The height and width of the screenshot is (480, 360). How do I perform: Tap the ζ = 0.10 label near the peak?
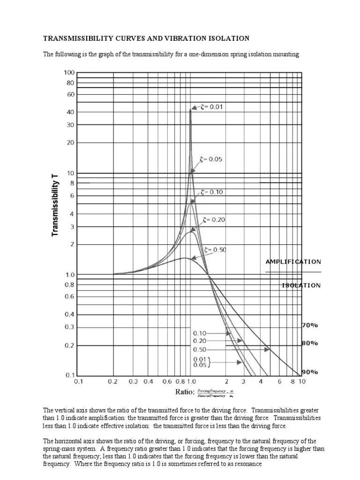(x=212, y=192)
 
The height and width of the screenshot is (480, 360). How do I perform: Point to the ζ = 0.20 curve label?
(x=214, y=219)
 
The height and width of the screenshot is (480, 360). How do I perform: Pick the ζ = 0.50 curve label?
(x=215, y=250)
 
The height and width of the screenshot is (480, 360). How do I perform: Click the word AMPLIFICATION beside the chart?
(x=293, y=262)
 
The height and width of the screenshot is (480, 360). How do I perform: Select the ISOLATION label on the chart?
(x=301, y=285)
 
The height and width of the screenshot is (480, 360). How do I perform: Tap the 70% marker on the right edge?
(x=310, y=324)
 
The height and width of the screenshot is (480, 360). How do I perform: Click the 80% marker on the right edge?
(x=310, y=343)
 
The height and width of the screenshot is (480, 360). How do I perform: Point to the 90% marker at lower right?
(x=310, y=372)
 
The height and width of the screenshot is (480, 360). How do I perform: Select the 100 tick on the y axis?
(x=69, y=73)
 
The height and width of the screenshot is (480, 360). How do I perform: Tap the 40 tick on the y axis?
(x=70, y=112)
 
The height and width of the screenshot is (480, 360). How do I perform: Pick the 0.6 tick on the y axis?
(x=69, y=296)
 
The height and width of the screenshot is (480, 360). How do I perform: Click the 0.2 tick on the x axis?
(x=112, y=382)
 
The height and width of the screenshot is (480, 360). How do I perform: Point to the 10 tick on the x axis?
(x=302, y=382)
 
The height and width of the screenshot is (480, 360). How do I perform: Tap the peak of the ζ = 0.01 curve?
(x=190, y=109)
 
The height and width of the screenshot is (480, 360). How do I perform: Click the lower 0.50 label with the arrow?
(x=200, y=350)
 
